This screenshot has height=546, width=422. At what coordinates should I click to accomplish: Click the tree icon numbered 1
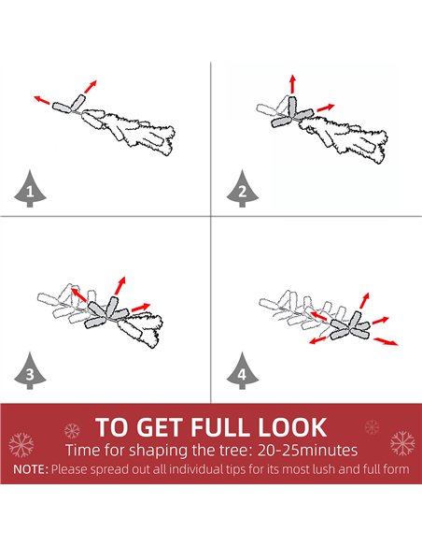coord(30,189)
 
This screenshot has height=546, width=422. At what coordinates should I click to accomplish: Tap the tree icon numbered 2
coord(243,189)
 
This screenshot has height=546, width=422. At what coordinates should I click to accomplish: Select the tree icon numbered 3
coord(30,371)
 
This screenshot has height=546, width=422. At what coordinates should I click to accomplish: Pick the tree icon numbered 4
coord(243,371)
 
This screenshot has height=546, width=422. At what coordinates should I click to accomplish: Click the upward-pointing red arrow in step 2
coord(292,83)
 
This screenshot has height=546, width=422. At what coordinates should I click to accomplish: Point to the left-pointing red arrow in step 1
coord(42,100)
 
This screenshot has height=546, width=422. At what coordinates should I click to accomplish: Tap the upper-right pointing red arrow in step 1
coord(91,86)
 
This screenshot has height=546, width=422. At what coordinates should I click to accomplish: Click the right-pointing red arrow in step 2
coord(326,108)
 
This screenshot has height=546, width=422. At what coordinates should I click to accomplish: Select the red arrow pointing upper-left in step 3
coord(78,295)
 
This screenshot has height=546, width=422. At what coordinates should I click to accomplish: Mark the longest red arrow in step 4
coord(386,341)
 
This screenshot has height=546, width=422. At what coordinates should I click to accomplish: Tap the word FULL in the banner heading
coord(221,427)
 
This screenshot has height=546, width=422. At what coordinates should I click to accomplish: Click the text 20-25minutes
coord(308,451)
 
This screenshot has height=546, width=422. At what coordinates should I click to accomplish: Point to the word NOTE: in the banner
coord(31,469)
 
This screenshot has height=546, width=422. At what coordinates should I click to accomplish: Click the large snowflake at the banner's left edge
coord(21,445)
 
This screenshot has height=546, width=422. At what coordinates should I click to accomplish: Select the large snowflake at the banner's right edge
coord(402,443)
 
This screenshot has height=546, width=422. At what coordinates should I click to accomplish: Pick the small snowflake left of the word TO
coord(72,431)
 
